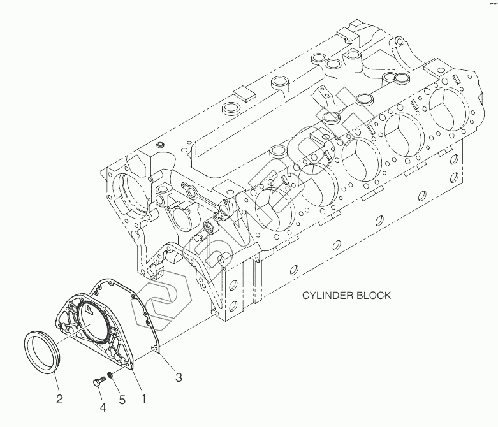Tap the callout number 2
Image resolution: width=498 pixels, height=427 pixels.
(59, 400)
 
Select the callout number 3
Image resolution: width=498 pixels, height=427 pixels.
(179, 377)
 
